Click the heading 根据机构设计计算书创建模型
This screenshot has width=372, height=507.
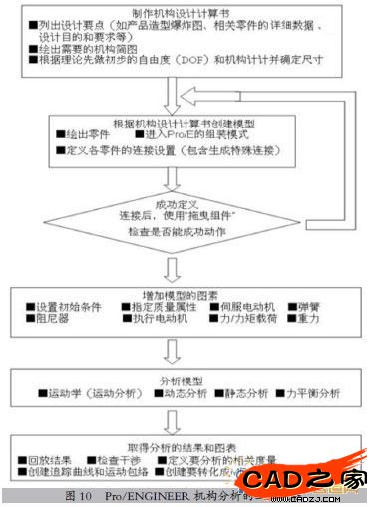click(x=184, y=121)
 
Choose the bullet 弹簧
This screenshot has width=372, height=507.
click(x=311, y=307)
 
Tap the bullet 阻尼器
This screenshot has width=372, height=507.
click(x=49, y=321)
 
